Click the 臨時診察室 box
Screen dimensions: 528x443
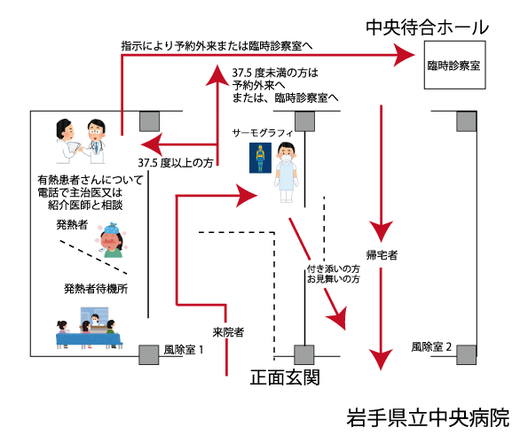pos(454,65)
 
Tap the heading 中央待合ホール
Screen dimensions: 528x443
pos(428,27)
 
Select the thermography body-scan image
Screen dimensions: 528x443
pos(260,158)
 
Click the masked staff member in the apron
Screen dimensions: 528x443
pos(287,172)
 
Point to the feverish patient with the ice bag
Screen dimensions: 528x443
pos(112,240)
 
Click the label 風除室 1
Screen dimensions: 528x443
pos(184,350)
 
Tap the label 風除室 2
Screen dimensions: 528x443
pos(431,346)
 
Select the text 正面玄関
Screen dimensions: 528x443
pos(285,377)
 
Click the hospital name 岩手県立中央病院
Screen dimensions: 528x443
pos(428,418)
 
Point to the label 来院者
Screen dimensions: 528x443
pos(228,332)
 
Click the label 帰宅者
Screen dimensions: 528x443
pos(382,255)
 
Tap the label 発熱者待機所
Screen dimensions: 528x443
pos(96,288)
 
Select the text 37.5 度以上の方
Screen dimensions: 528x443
pos(176,163)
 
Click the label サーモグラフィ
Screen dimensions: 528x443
pos(263,134)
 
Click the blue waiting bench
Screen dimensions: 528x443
pos(88,340)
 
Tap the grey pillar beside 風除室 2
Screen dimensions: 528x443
pos(467,354)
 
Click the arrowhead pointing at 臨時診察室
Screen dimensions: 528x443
pos(404,55)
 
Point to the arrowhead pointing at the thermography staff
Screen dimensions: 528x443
pos(248,195)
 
